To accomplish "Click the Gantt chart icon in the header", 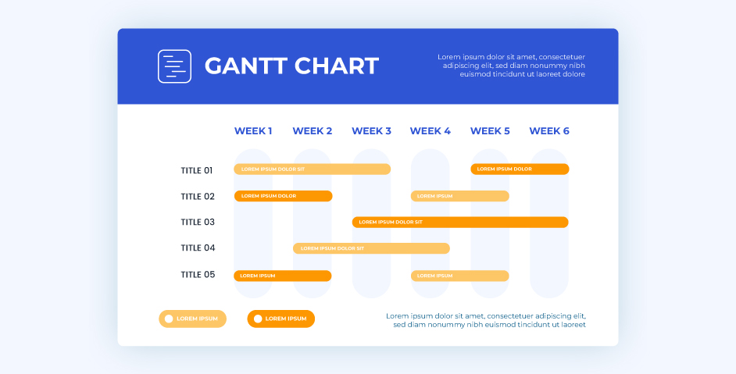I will coord(174,66).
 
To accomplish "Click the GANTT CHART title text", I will coord(291,66).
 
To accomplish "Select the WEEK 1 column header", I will coord(253,131).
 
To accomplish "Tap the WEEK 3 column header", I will coord(371,131).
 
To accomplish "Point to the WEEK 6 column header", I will coord(549,131).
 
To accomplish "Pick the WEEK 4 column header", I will coord(430,131).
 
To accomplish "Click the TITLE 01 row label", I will coord(197,170).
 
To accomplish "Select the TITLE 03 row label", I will coord(197,223).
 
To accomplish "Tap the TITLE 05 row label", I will coord(197,275).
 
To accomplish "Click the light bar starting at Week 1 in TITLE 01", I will coord(312,169).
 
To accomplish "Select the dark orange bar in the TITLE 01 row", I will coord(520,169).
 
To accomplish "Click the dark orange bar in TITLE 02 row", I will coord(283,196).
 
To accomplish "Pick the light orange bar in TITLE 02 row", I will coord(460,196).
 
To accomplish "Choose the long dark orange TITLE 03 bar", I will coord(460,223).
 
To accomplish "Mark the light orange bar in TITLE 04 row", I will coord(371,248).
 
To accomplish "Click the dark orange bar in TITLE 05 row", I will coord(283,276).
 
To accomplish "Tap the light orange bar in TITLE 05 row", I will coord(460,276).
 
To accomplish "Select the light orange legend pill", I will coord(193,319).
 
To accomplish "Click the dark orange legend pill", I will coord(281,319).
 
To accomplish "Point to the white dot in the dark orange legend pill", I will coord(257,319).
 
